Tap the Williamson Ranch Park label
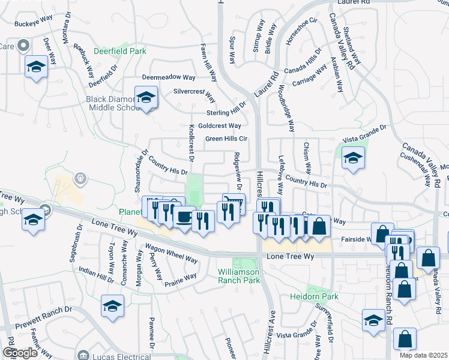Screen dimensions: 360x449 click(247, 275)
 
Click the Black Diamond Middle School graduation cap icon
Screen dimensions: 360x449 click(146, 98)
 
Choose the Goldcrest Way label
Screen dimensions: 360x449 click(220, 125)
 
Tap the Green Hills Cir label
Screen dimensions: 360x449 click(226, 139)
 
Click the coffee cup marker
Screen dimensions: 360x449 click(184, 217)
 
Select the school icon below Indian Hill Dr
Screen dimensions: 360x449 click(113, 306)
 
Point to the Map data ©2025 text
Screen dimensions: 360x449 click(423, 355)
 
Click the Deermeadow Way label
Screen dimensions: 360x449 click(169, 77)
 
